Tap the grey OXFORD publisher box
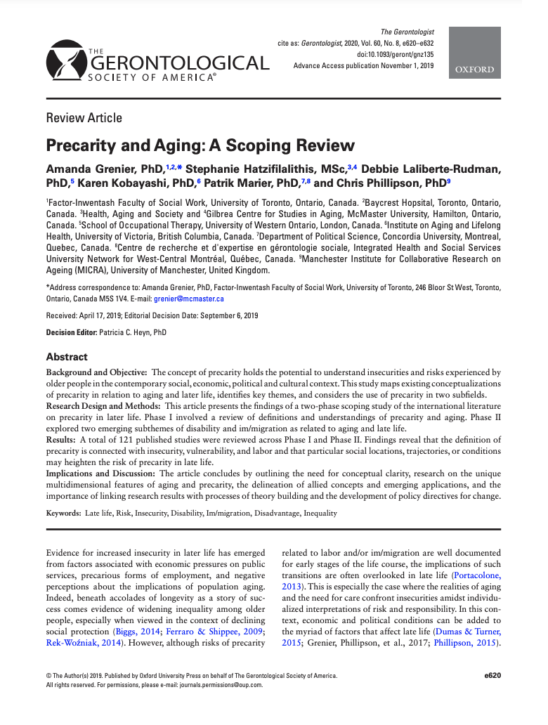pyautogui.click(x=474, y=53)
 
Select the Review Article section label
pyautogui.click(x=84, y=118)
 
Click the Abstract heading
pyautogui.click(x=67, y=357)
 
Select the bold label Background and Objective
pyautogui.click(x=96, y=372)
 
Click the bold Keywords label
pyautogui.click(x=63, y=513)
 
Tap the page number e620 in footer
pyautogui.click(x=492, y=675)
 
